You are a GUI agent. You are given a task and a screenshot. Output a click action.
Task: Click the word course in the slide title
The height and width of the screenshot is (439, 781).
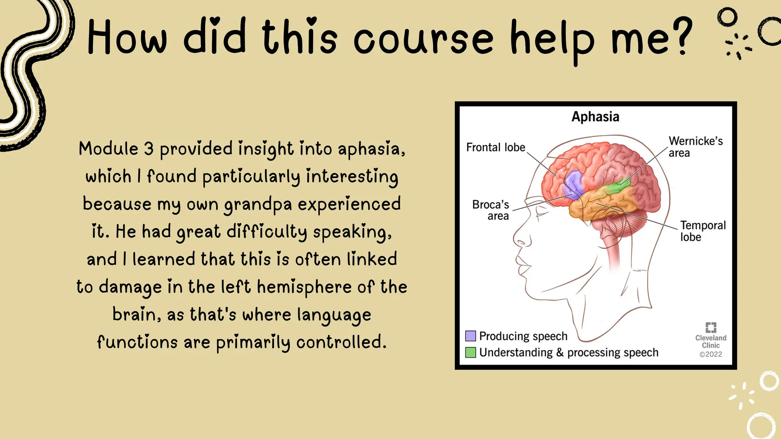tap(423, 38)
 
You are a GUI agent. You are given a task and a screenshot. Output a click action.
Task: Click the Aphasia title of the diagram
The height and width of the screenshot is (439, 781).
tap(595, 117)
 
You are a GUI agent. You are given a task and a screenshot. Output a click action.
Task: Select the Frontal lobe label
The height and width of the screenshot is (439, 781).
tap(495, 147)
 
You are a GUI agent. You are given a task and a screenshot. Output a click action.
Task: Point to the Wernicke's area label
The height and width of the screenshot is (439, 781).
tap(696, 147)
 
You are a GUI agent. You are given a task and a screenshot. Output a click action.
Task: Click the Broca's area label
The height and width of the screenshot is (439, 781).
tap(491, 210)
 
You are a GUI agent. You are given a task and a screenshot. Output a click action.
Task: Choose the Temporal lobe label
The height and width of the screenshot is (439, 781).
tap(703, 231)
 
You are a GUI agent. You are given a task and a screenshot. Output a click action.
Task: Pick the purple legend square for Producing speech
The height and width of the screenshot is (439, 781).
tap(471, 336)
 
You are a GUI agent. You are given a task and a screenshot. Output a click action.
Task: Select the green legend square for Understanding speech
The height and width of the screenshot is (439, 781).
tap(471, 352)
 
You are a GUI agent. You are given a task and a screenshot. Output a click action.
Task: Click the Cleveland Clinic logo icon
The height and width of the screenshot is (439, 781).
tap(711, 327)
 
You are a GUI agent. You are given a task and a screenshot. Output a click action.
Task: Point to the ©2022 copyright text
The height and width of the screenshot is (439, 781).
tap(710, 354)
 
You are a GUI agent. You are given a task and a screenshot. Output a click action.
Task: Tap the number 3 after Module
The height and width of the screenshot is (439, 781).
tap(149, 149)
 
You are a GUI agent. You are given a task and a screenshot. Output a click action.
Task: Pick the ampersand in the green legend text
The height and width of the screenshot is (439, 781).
tap(559, 352)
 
